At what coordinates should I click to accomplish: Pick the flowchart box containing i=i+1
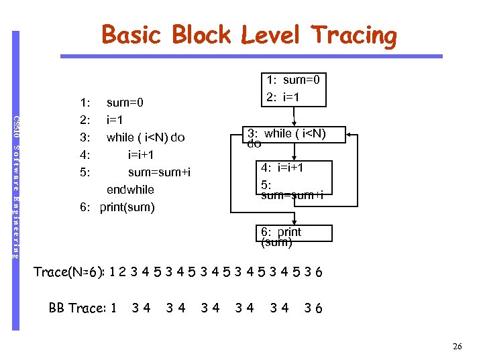[x=295, y=180]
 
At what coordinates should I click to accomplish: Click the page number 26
[x=458, y=347]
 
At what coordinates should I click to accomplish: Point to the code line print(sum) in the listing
[x=127, y=207]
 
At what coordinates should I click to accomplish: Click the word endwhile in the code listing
[x=130, y=190]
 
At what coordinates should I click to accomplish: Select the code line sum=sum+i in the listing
[x=159, y=172]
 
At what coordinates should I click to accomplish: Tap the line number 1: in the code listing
[x=85, y=103]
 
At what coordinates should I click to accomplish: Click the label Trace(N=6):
[x=71, y=272]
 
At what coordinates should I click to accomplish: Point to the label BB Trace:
[x=78, y=308]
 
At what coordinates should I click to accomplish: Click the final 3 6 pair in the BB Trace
[x=313, y=308]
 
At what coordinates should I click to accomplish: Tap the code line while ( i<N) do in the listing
[x=146, y=138]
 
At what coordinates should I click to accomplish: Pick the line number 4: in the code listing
[x=85, y=155]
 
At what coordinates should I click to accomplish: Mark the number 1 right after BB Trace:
[x=113, y=308]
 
